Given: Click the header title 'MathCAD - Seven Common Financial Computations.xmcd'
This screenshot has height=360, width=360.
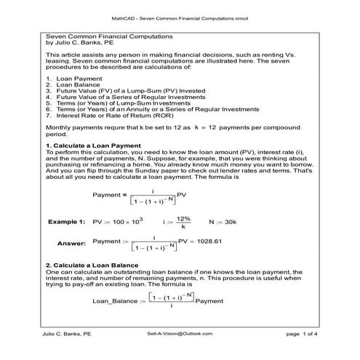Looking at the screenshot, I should point(180,15).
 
